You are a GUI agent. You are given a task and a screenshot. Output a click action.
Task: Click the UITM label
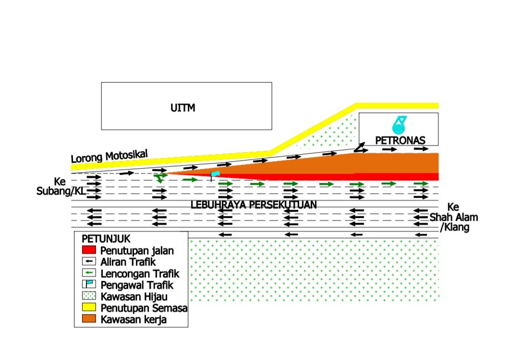pyautogui.click(x=183, y=108)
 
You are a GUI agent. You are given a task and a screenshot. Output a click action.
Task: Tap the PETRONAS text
pyautogui.click(x=400, y=140)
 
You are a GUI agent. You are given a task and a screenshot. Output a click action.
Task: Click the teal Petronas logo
pyautogui.click(x=399, y=125)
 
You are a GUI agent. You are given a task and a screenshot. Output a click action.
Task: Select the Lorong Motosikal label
pyautogui.click(x=109, y=156)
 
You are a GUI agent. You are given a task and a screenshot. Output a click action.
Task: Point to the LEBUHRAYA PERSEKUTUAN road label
pyautogui.click(x=253, y=205)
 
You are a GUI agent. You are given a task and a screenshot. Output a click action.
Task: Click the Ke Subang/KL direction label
pyautogui.click(x=61, y=186)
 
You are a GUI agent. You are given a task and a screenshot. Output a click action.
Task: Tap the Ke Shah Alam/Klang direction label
pyautogui.click(x=454, y=217)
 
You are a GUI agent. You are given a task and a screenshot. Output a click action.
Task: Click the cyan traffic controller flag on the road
pyautogui.click(x=215, y=174)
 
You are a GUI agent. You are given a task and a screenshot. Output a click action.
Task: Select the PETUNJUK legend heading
pyautogui.click(x=106, y=239)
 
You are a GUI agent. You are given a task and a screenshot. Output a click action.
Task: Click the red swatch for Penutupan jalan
pyautogui.click(x=89, y=250)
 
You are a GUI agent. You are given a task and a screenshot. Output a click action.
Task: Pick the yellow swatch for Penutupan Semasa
pyautogui.click(x=89, y=307)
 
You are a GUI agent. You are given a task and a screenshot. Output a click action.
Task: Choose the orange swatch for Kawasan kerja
pyautogui.click(x=89, y=318)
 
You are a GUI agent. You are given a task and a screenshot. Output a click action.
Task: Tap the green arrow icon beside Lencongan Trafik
pyautogui.click(x=89, y=273)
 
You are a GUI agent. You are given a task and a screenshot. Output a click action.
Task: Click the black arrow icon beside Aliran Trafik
pyautogui.click(x=89, y=261)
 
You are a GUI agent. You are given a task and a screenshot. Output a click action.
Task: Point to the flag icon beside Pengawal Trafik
pyautogui.click(x=89, y=284)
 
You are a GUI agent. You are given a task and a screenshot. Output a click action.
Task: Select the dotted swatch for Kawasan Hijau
pyautogui.click(x=89, y=296)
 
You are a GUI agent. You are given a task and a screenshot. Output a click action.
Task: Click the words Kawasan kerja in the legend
pyautogui.click(x=133, y=320)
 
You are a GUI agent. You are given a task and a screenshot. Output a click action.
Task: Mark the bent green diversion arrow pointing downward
pyautogui.click(x=160, y=177)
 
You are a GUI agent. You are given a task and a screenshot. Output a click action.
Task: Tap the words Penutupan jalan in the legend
pyautogui.click(x=137, y=251)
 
